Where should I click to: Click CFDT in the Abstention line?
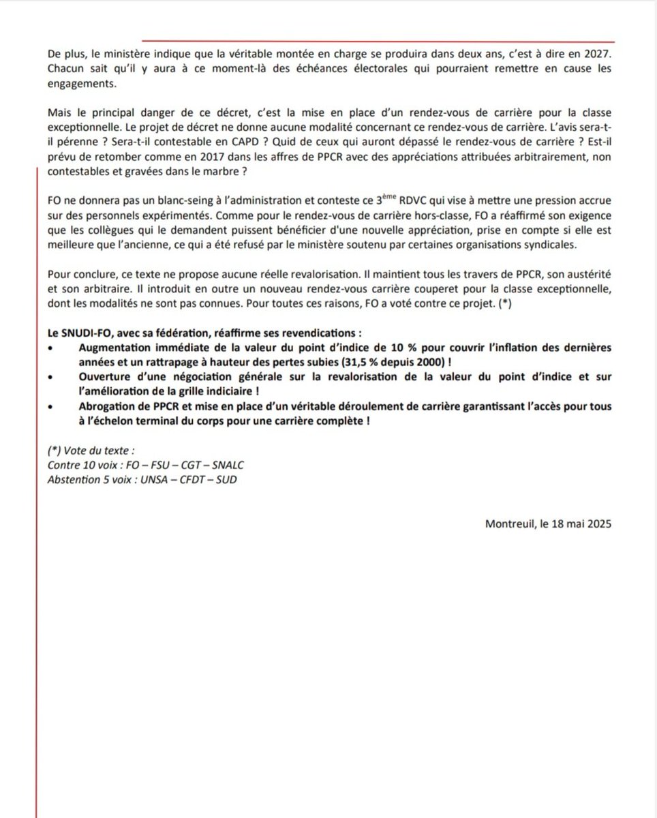click(196, 479)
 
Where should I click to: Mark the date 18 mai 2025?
click(581, 524)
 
